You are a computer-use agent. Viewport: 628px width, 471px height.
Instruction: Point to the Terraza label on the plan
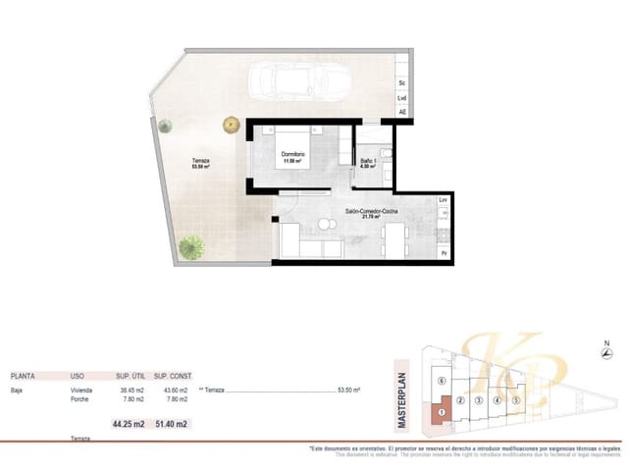(x=201, y=162)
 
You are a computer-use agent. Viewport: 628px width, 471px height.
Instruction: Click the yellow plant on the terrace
(x=231, y=124)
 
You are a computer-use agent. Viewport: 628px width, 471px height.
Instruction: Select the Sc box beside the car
(x=402, y=82)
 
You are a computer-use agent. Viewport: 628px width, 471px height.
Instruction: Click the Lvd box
(x=402, y=98)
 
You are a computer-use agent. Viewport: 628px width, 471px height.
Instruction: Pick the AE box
(x=402, y=112)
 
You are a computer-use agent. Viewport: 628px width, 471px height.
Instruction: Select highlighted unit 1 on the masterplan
(x=443, y=412)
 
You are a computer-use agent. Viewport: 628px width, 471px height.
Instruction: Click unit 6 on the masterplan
(x=443, y=381)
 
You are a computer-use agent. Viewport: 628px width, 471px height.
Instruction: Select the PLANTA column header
(x=25, y=376)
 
